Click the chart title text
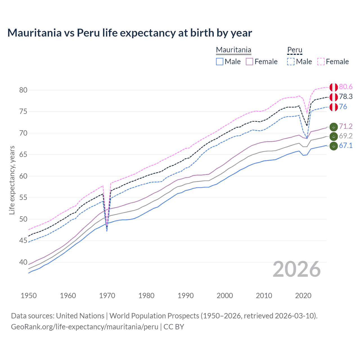coord(130,33)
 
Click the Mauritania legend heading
coord(233,50)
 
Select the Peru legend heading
coord(294,50)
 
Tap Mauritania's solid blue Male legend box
coord(220,62)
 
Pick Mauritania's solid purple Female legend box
coord(249,62)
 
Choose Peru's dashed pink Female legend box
coord(321,62)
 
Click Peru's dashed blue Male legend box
coord(291,62)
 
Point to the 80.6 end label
coord(346,87)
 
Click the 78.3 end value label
coord(346,97)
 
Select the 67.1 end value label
coord(346,146)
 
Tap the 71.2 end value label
coord(346,127)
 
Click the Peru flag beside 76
coord(334,107)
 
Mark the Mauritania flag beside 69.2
coord(334,136)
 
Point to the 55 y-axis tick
coord(23,198)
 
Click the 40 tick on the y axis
coord(23,262)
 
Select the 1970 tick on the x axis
coord(107,296)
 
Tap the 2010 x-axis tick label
coord(264,296)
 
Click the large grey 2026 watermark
coord(297,269)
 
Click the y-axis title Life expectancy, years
coord(12,180)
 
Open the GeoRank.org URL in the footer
coord(85,327)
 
